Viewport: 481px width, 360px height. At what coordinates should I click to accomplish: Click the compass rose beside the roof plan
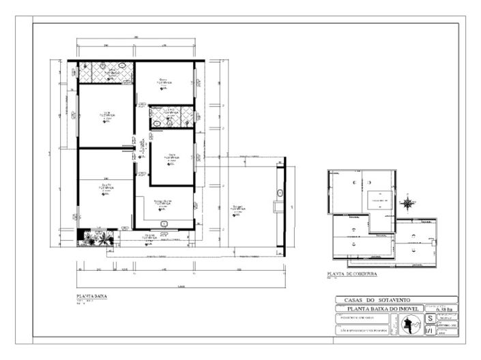[408, 202]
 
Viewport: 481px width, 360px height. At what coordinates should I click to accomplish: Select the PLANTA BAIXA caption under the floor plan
[91, 297]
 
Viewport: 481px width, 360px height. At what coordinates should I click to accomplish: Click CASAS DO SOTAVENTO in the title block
[396, 300]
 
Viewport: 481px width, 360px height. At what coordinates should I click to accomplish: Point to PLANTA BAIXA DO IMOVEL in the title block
[379, 309]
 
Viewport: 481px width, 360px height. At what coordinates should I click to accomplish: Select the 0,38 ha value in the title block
[441, 310]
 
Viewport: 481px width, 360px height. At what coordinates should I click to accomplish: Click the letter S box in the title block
[430, 318]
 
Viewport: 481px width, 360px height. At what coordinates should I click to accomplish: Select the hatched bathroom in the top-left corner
[106, 72]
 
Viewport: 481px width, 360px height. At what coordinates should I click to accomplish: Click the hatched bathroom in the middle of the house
[172, 117]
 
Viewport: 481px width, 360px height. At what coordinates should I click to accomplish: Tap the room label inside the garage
[238, 207]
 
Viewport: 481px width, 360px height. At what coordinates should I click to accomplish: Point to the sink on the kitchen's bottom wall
[164, 224]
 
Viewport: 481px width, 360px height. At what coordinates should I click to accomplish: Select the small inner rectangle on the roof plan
[377, 200]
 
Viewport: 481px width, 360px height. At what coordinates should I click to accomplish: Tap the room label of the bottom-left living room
[106, 187]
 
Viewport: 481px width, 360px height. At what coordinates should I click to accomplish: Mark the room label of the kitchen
[162, 203]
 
